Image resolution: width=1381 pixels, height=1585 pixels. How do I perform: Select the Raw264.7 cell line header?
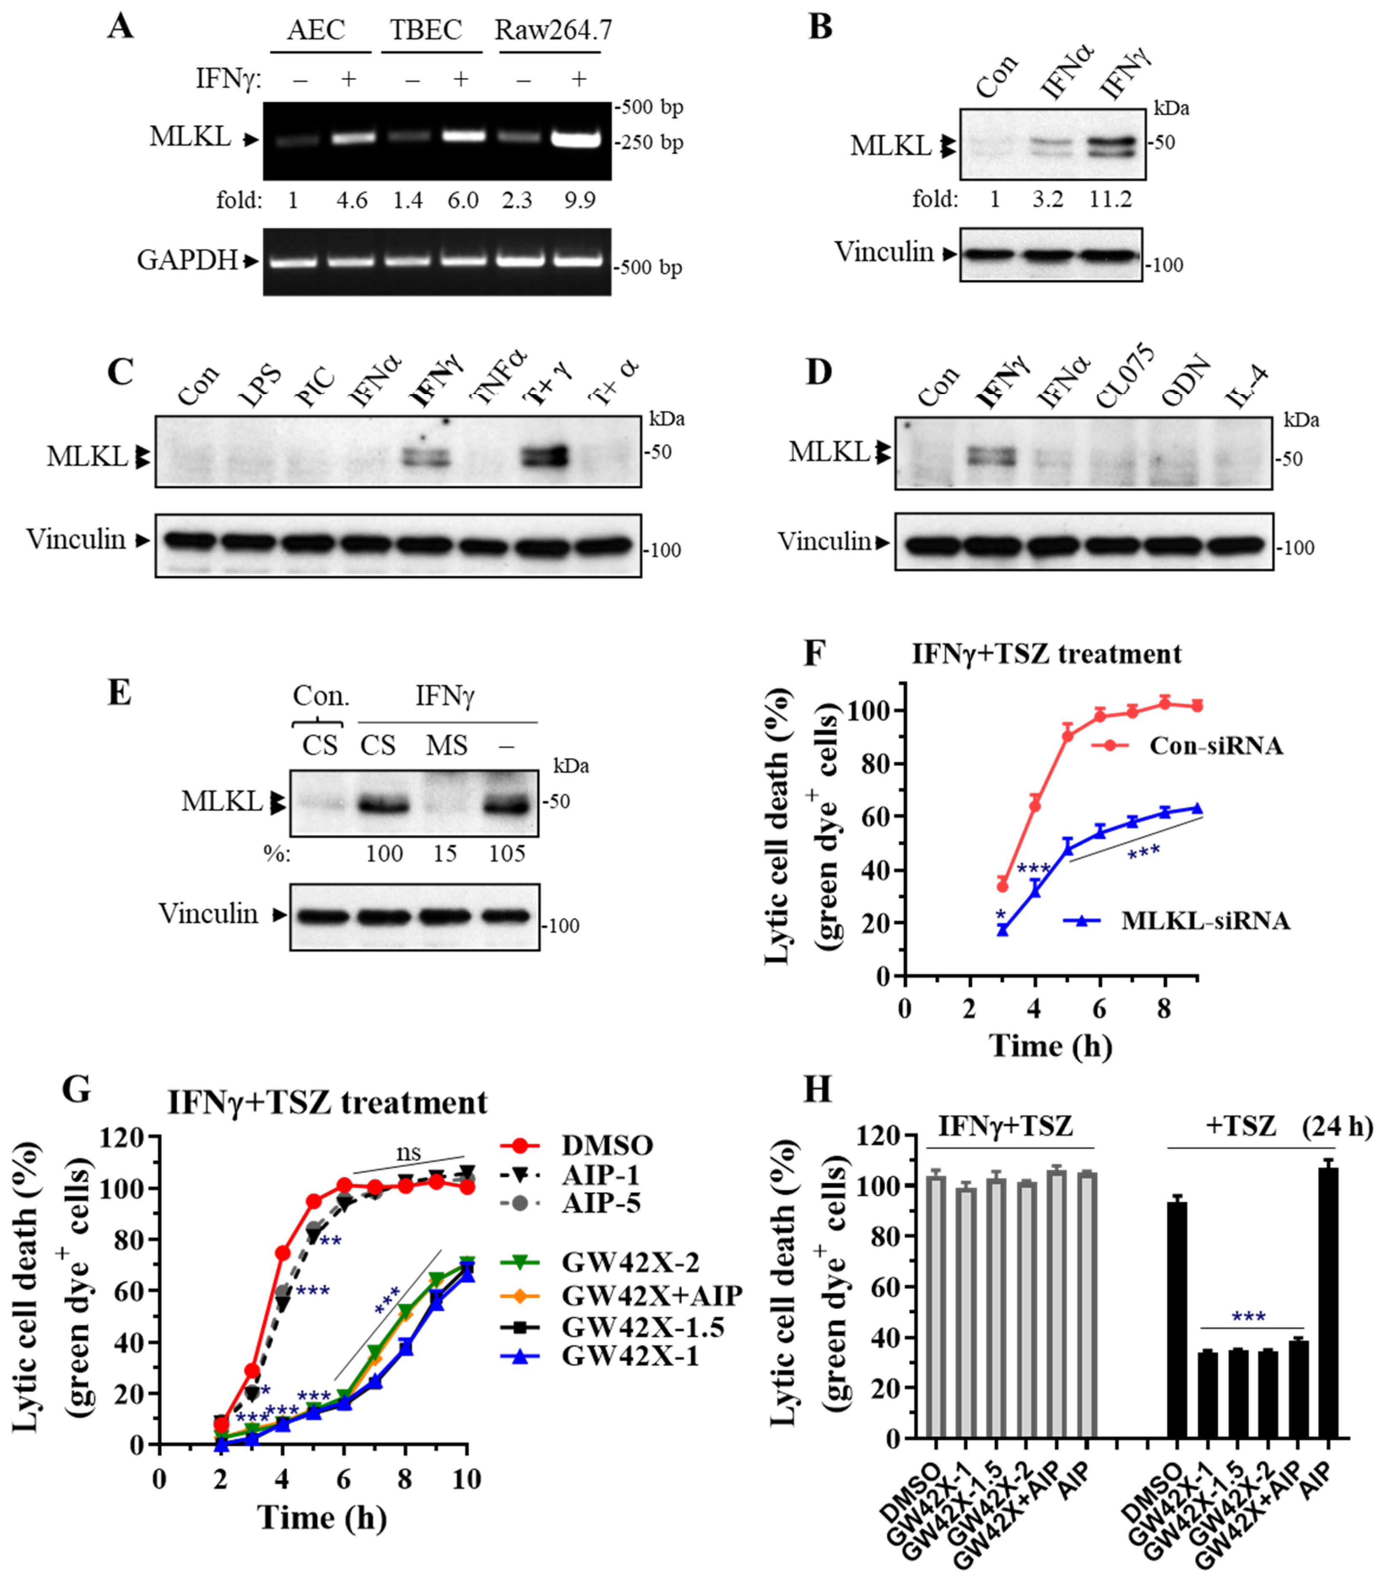point(553,30)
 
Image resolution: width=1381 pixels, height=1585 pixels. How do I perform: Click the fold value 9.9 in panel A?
point(579,200)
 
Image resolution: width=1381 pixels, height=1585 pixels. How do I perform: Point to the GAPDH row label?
point(187,260)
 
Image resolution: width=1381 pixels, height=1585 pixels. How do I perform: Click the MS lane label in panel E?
point(447,745)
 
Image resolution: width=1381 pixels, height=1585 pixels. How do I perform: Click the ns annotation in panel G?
point(408,1153)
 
